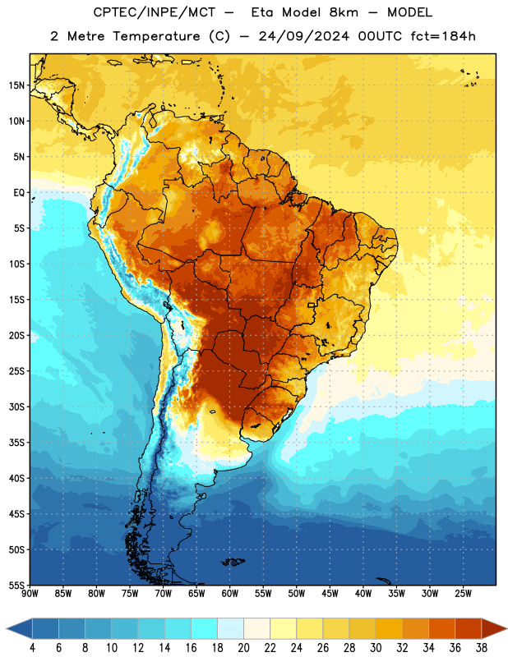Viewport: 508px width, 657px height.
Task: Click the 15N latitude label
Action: (x=16, y=85)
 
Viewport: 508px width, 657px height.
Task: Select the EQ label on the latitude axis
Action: (x=19, y=193)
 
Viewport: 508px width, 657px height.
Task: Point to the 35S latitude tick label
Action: (x=16, y=443)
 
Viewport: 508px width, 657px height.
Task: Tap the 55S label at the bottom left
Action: (x=16, y=585)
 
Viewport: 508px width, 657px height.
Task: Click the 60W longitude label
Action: (x=230, y=594)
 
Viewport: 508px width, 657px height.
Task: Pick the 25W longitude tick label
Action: (x=463, y=594)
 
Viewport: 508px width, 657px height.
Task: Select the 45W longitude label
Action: (x=330, y=594)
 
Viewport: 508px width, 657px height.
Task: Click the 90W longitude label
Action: (x=30, y=594)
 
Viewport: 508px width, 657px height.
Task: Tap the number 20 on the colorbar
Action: (x=243, y=648)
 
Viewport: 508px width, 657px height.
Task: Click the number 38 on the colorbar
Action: (x=482, y=648)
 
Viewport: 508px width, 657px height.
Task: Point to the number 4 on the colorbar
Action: (x=32, y=648)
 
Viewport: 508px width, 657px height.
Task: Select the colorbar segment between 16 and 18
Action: (x=204, y=628)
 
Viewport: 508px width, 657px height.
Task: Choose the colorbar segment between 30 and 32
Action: (x=389, y=628)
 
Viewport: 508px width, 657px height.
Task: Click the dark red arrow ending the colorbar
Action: (x=494, y=628)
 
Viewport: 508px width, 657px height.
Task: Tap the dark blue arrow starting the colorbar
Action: (x=19, y=628)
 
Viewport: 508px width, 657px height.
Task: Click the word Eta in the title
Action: (x=263, y=12)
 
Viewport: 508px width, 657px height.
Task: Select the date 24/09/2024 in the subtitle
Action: (x=303, y=36)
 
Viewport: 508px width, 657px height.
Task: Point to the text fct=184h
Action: (x=443, y=36)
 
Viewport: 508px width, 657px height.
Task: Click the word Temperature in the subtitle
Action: (x=156, y=37)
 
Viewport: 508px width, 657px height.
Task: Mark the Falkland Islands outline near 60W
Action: (x=233, y=562)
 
